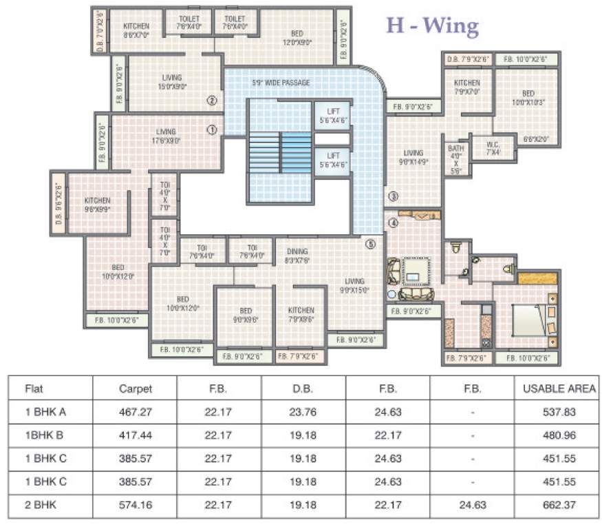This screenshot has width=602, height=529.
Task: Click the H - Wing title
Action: [x=431, y=25]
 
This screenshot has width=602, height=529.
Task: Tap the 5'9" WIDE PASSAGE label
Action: [x=280, y=83]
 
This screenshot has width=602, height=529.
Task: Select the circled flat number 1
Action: [x=212, y=129]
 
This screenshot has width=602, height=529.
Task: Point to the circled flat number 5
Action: [x=370, y=243]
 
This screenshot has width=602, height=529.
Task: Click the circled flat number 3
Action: [x=393, y=196]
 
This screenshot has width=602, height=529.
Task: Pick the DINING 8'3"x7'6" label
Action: [x=297, y=256]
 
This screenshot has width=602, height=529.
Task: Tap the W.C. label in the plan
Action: [x=493, y=148]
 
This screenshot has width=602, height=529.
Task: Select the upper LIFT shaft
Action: [x=333, y=115]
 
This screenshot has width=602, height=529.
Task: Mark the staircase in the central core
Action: [x=280, y=151]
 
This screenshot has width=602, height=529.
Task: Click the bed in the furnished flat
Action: [x=530, y=319]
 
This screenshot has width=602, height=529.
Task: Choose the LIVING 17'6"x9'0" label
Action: [x=166, y=136]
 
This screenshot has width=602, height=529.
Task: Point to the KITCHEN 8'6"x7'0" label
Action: [x=136, y=30]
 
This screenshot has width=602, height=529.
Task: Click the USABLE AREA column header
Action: [x=558, y=389]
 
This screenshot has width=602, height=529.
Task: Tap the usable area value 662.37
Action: [x=558, y=505]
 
